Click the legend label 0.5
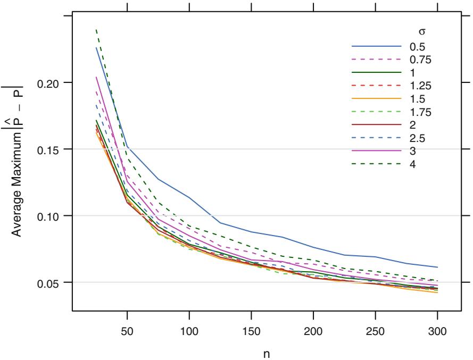[417, 47]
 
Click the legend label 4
[412, 164]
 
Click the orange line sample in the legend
[376, 99]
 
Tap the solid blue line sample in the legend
[376, 47]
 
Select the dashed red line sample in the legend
[376, 86]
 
